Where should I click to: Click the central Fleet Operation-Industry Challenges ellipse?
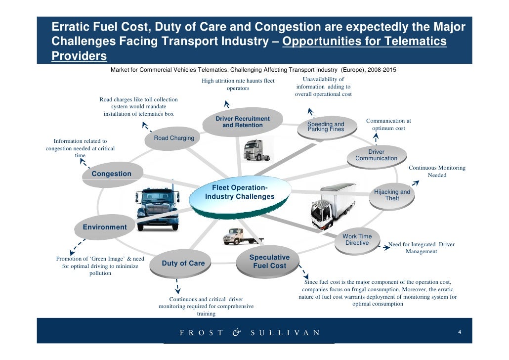[x=240, y=194]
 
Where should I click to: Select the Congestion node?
[x=112, y=175]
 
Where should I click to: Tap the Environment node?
[x=105, y=227]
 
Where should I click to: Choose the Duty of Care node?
[x=183, y=264]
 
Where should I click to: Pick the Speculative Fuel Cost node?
[x=269, y=262]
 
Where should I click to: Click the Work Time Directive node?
[x=357, y=240]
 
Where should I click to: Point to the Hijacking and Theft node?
[x=392, y=195]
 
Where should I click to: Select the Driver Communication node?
[x=376, y=155]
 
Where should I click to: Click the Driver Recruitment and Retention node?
[x=243, y=122]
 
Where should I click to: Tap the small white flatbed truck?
[x=236, y=237]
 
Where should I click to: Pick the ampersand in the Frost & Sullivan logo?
[x=236, y=333]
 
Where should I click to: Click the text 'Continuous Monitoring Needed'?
[x=437, y=172]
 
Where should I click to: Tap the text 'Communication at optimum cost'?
[x=388, y=125]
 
